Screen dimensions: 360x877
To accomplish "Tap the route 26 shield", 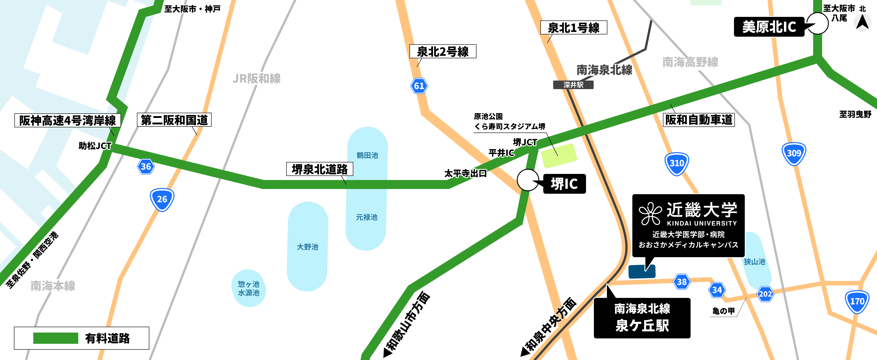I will point(162,199).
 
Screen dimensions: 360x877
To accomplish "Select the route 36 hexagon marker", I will point(146,166).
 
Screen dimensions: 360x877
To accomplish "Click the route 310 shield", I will point(677,164).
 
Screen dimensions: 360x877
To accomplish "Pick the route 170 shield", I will point(857,301).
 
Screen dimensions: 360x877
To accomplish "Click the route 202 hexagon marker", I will point(765,294).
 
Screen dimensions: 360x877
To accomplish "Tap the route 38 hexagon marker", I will point(682,282).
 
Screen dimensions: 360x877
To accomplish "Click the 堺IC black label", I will point(564,184).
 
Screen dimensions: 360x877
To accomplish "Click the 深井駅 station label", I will point(573,85).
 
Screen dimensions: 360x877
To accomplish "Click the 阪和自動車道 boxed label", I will point(699,120).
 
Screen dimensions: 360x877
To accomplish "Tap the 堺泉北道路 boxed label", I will point(320,169).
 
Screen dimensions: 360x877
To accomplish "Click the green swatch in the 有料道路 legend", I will point(56,338).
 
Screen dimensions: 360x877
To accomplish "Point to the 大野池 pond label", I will point(307,247).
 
